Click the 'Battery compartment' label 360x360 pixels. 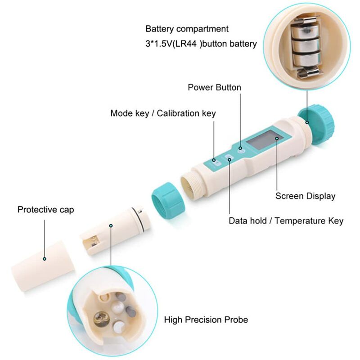[x=187, y=29]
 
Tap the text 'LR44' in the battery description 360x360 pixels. [x=184, y=44]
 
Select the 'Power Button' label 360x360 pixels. [x=215, y=87]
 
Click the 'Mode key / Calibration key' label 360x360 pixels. [x=163, y=113]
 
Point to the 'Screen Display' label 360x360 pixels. [x=306, y=196]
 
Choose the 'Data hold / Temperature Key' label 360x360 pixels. [x=286, y=221]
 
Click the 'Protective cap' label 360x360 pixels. [x=46, y=210]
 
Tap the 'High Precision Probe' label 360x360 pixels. [x=206, y=319]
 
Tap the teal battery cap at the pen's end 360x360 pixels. [x=317, y=125]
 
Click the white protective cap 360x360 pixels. [x=43, y=266]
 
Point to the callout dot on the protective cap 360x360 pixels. [x=45, y=259]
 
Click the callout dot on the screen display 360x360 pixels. [x=277, y=139]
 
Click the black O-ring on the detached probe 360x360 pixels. [x=137, y=219]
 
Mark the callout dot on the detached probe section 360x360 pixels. [x=111, y=226]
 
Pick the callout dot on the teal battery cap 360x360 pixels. [x=307, y=122]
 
